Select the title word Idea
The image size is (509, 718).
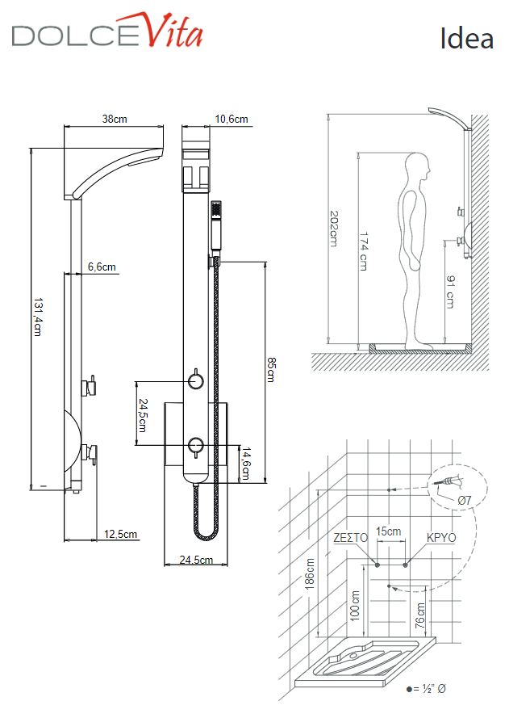pyautogui.click(x=466, y=38)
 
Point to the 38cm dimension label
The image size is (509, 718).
pyautogui.click(x=115, y=120)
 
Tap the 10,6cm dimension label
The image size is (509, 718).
pyautogui.click(x=232, y=120)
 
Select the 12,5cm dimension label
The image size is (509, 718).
pyautogui.click(x=121, y=534)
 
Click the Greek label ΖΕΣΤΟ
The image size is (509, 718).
pyautogui.click(x=350, y=537)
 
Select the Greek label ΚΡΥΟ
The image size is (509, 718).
pyautogui.click(x=440, y=537)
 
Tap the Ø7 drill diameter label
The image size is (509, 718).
pyautogui.click(x=464, y=501)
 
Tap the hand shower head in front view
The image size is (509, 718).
pyautogui.click(x=215, y=212)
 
